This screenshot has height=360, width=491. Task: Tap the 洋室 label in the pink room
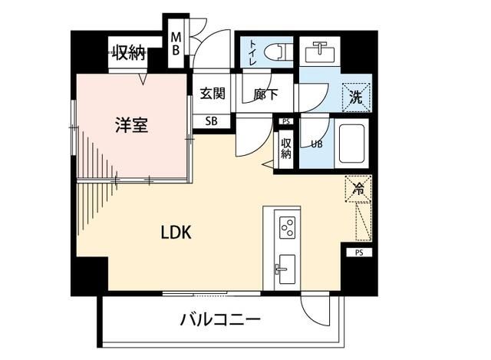tap(131, 125)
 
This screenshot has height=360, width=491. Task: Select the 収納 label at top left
tap(129, 53)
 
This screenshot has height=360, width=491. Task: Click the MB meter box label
tap(176, 43)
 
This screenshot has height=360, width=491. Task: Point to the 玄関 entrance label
tap(213, 94)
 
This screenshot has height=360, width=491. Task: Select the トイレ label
tap(252, 51)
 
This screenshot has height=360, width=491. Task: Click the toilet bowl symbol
tap(276, 52)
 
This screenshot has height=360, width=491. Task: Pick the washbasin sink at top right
tap(318, 52)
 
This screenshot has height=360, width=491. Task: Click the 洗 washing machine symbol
tap(356, 97)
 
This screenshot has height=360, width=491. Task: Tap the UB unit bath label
tap(316, 143)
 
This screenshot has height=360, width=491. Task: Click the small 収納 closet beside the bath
tap(286, 146)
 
